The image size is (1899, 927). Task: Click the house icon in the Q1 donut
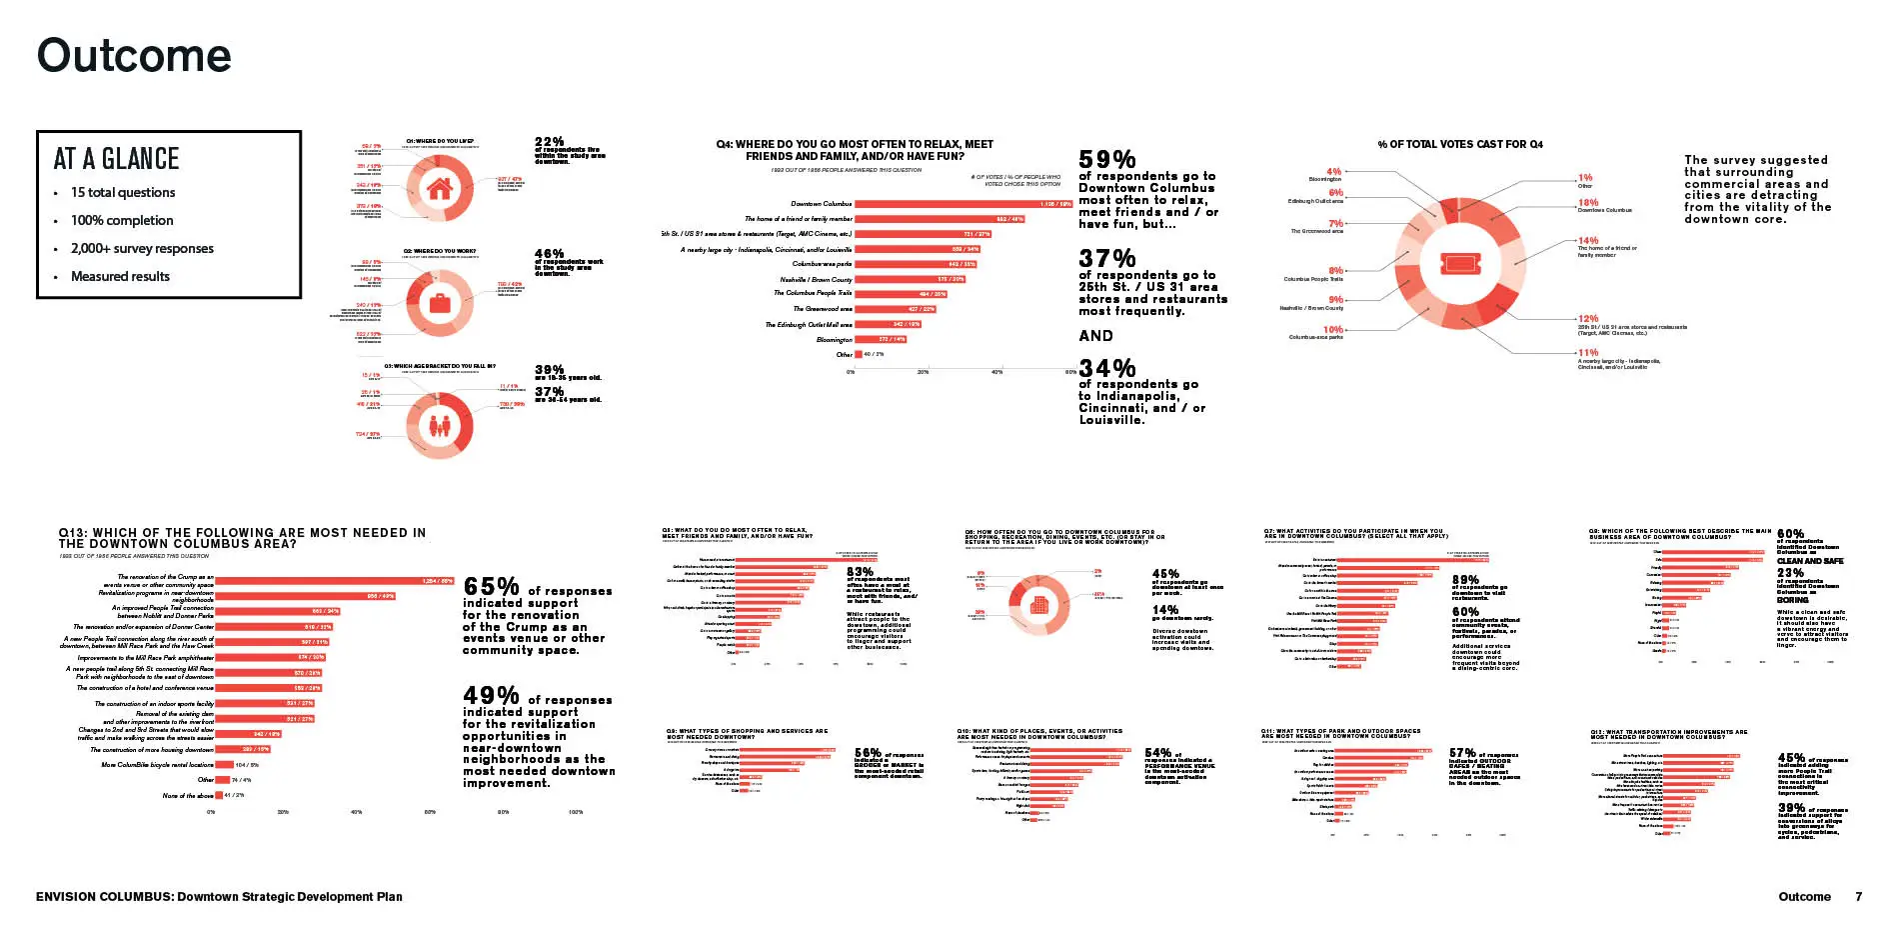[439, 188]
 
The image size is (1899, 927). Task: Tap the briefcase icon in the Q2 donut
[439, 302]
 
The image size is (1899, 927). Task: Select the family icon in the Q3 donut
[439, 426]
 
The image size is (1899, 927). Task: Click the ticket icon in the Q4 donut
[1459, 264]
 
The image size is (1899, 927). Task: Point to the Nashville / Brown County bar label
[816, 280]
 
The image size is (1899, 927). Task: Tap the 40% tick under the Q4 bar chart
[996, 372]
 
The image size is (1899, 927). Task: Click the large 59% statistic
[1107, 160]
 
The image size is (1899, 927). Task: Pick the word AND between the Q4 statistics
[1095, 336]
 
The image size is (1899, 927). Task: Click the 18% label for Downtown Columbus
[1588, 203]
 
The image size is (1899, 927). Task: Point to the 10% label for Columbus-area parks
[1333, 329]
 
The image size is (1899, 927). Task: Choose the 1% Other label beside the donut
[1585, 178]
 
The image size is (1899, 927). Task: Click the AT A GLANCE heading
[116, 159]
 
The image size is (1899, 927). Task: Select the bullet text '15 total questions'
[123, 192]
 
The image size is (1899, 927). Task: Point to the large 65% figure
[491, 587]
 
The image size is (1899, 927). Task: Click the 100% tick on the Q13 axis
[576, 812]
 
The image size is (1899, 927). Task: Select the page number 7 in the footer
[1859, 897]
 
